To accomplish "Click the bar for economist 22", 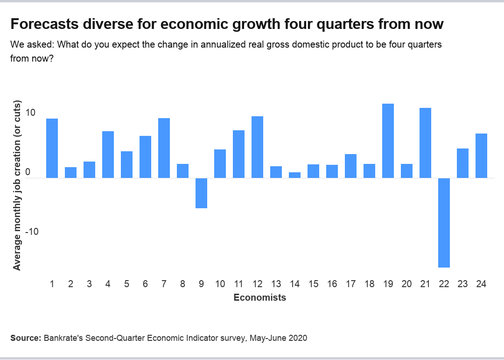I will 444,223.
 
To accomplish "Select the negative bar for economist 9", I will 201,193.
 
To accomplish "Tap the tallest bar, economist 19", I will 388,141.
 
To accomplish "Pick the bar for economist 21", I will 425,143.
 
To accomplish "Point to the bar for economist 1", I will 52,148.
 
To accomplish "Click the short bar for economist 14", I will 294,175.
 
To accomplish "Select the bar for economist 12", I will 257,147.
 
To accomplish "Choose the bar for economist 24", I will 481,155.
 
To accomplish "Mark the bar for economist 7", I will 164,148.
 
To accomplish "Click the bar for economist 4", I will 108,155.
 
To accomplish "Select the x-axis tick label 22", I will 444,284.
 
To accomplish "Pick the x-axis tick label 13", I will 276,284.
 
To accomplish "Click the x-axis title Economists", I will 259,297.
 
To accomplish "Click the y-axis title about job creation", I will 17,185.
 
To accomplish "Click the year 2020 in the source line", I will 298,338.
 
